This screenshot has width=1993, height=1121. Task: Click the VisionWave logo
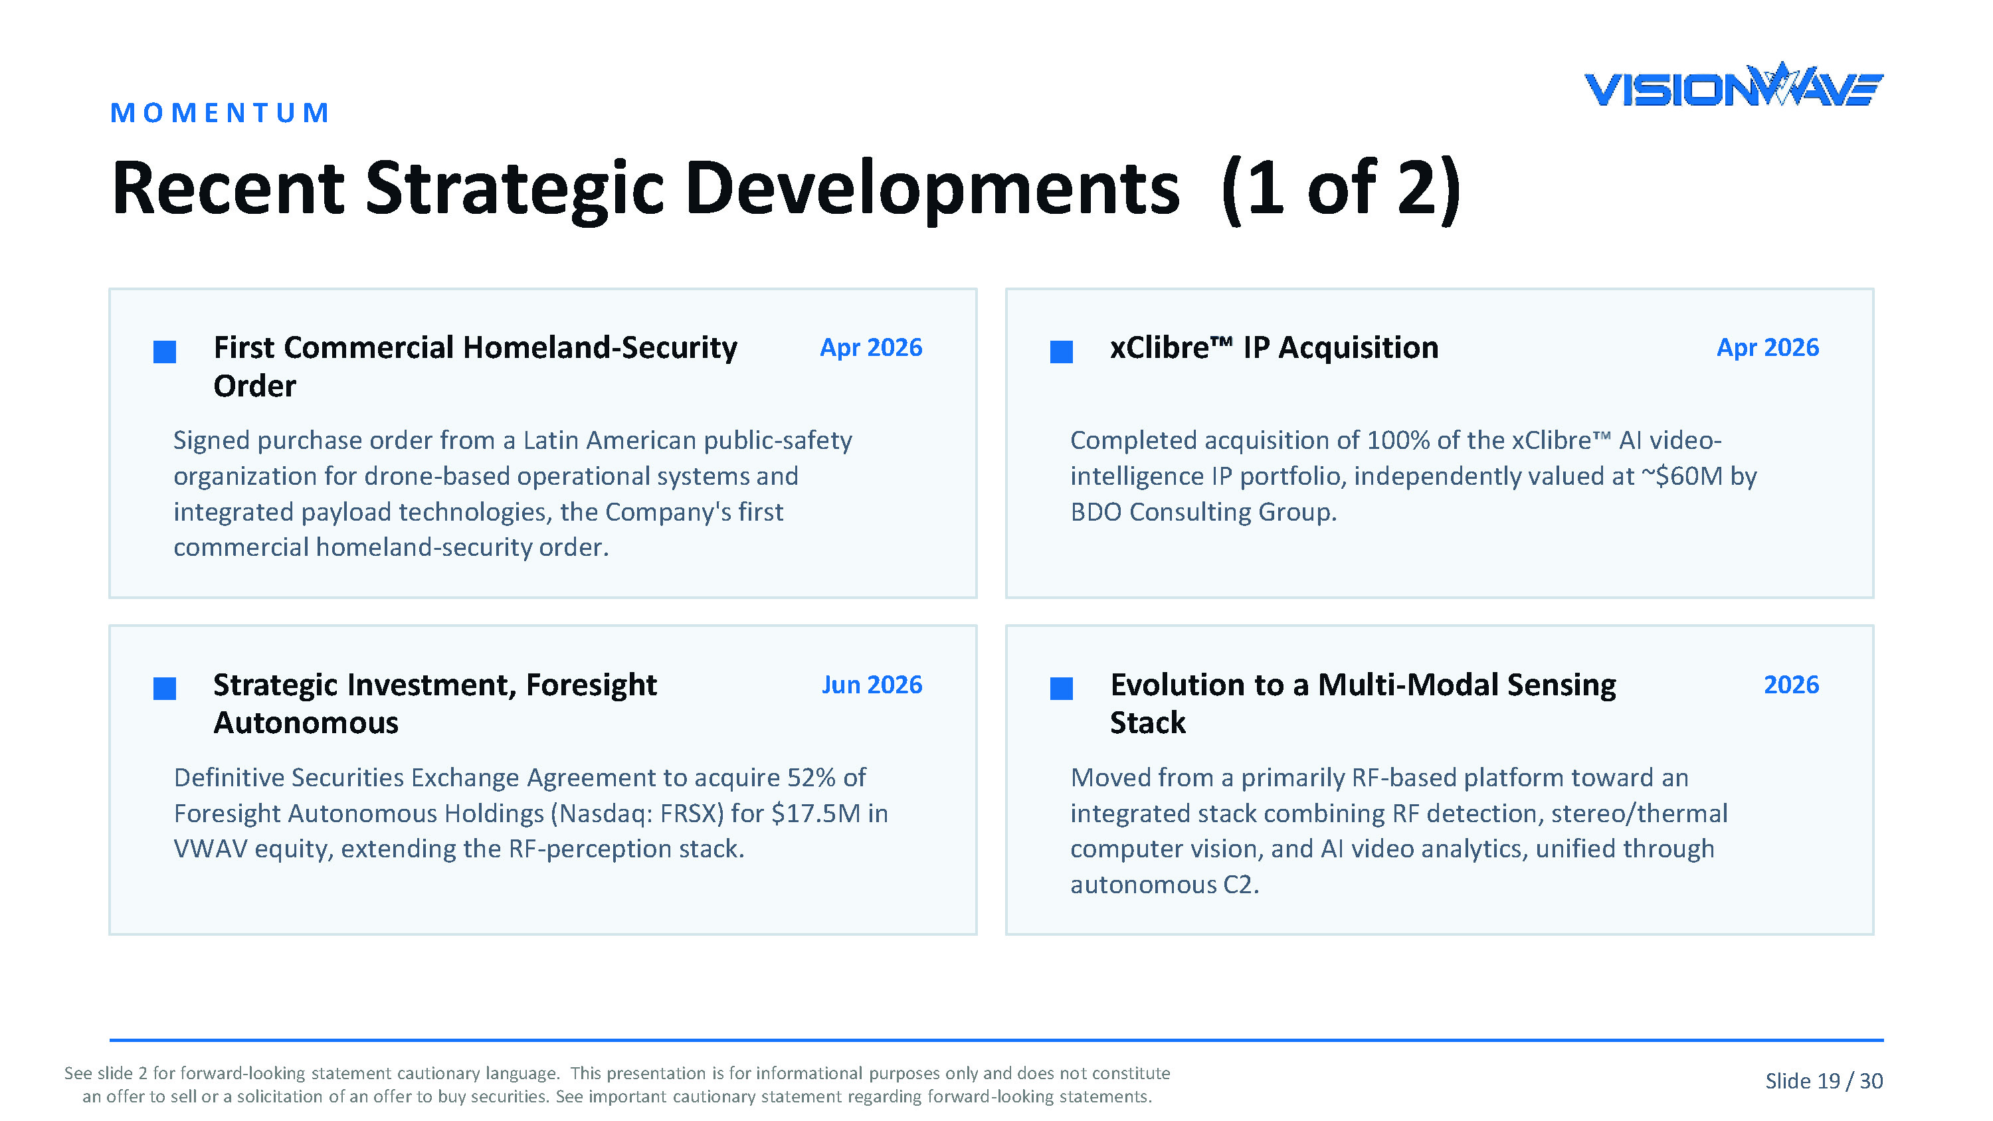point(1733,85)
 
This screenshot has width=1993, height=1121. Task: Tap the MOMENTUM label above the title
point(220,113)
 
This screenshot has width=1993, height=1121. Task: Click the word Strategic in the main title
point(514,189)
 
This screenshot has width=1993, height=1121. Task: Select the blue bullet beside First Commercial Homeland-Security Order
point(165,352)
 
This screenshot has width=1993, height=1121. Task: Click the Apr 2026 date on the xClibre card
point(1767,347)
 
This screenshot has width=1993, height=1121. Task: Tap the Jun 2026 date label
point(872,685)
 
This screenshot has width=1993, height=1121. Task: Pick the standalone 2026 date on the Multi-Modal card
point(1791,685)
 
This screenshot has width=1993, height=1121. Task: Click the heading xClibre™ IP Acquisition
point(1274,348)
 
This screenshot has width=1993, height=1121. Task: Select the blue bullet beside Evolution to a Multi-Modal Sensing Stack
point(1062,689)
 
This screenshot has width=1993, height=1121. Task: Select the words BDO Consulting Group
point(1203,512)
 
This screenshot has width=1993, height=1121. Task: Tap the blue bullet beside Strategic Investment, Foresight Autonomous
point(165,689)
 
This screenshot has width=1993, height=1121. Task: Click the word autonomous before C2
point(1143,885)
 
